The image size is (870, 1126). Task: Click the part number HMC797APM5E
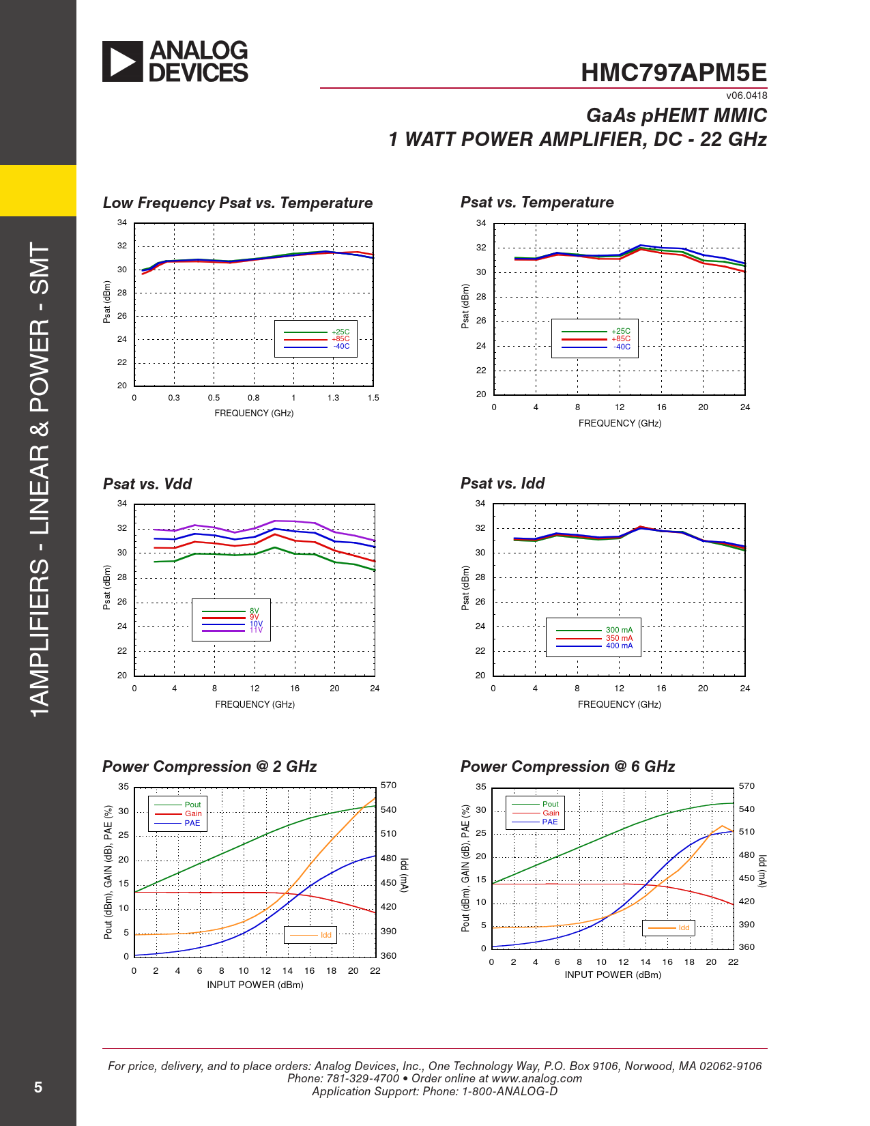tap(673, 73)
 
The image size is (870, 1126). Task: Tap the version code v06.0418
tap(746, 96)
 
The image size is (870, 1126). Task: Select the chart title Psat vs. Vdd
tap(147, 484)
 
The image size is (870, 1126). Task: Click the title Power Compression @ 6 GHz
tap(568, 766)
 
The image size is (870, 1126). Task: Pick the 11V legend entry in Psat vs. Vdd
tap(255, 631)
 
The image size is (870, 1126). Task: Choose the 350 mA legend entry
tap(619, 638)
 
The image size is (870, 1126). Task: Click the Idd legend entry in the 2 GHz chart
tap(325, 935)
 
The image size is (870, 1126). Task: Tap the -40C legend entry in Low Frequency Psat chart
tap(341, 347)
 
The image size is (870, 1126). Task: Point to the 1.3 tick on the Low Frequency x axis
tap(333, 398)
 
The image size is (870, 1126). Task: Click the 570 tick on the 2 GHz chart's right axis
tap(388, 785)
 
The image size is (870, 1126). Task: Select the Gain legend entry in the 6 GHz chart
tap(551, 813)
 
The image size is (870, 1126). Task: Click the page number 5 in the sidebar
tap(38, 1087)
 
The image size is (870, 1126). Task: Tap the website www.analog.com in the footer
tap(536, 1078)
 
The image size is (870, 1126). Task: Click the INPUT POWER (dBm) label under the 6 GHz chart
tap(613, 975)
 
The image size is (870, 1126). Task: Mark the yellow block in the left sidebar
tap(38, 190)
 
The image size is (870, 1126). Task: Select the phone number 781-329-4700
tap(362, 1078)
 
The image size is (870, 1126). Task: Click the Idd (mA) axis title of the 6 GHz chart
tap(762, 871)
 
